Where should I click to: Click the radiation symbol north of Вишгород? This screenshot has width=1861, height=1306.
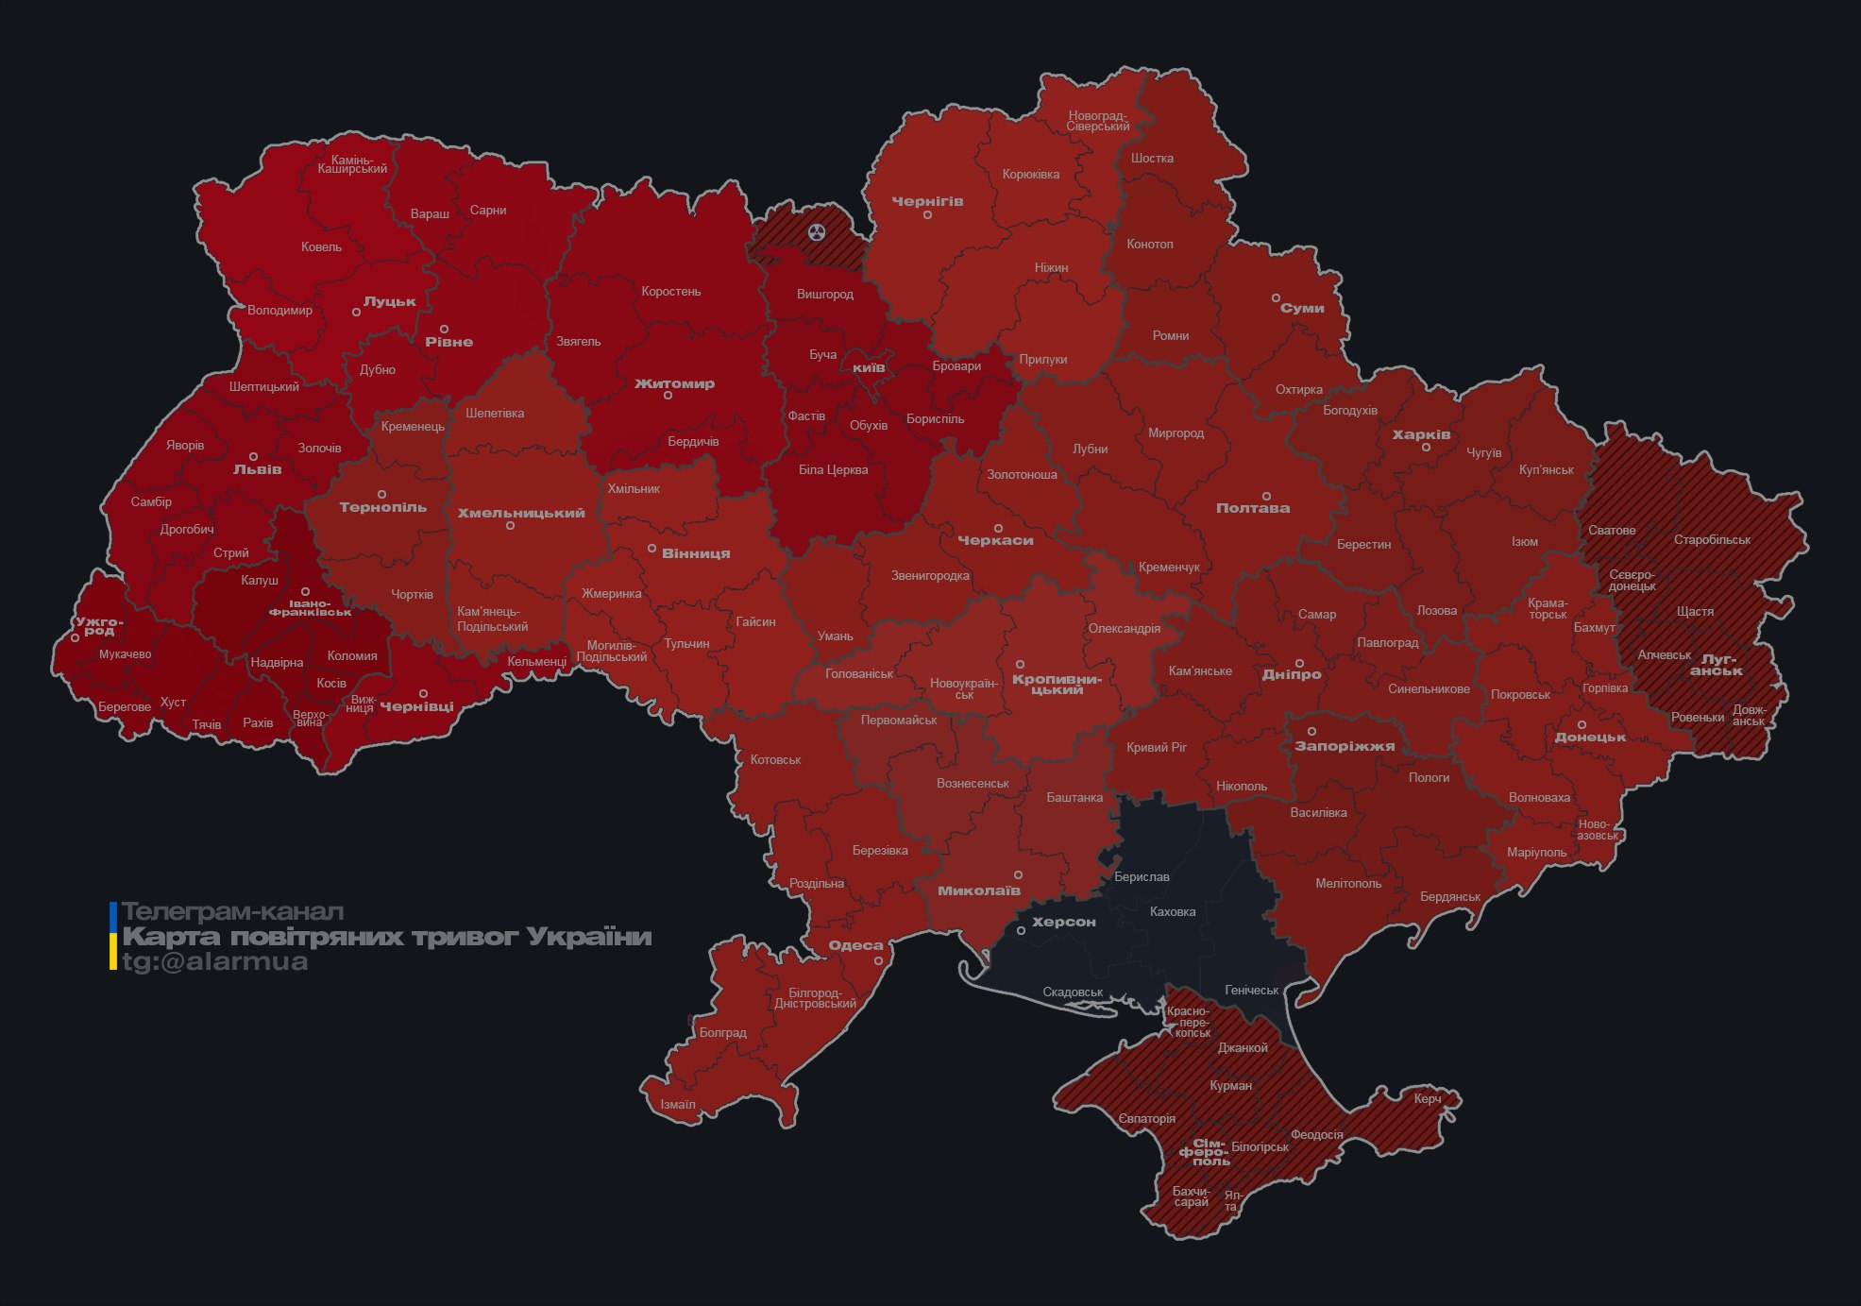[817, 232]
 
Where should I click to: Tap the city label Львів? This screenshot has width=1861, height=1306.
[257, 469]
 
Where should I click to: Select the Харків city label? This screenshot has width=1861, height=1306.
[1421, 435]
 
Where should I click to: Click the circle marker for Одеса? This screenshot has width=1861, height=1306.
[878, 961]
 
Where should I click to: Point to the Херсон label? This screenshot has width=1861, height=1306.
[1064, 922]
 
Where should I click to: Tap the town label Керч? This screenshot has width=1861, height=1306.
[1428, 1098]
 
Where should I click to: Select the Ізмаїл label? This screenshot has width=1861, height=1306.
[678, 1104]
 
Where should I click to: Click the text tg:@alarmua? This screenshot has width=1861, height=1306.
[215, 962]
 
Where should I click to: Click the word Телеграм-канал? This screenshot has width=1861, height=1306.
[232, 912]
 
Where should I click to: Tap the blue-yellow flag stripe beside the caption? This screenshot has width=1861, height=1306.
[113, 936]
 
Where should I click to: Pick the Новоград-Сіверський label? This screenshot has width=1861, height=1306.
[1098, 121]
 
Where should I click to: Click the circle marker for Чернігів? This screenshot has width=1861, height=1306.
[927, 215]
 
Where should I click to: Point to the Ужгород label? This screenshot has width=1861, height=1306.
[99, 625]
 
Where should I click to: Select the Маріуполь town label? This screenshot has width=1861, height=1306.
[1536, 852]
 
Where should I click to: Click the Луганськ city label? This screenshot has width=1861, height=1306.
[1717, 665]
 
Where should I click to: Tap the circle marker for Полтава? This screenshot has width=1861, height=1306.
[1266, 496]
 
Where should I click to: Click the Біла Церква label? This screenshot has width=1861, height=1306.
[833, 469]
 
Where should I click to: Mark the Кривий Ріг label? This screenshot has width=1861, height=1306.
[1157, 747]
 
